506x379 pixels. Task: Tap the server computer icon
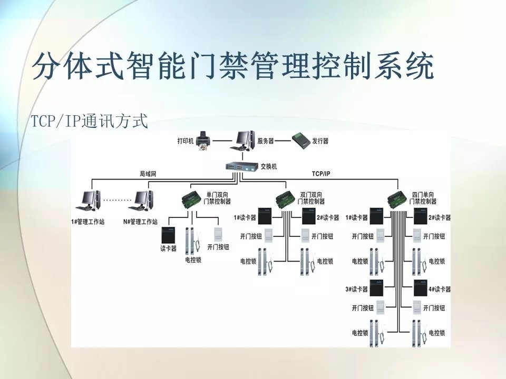(244, 140)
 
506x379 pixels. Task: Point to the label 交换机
(269, 166)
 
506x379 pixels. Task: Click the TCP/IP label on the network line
(321, 173)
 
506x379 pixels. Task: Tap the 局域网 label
(148, 173)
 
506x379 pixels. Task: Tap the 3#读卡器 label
(356, 289)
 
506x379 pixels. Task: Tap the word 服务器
(266, 141)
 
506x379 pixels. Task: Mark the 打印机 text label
(185, 141)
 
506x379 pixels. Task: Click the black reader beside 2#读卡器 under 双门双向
(308, 217)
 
